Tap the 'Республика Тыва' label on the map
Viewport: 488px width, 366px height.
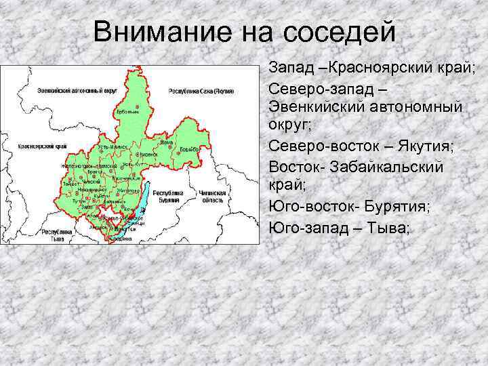(x=53, y=235)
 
